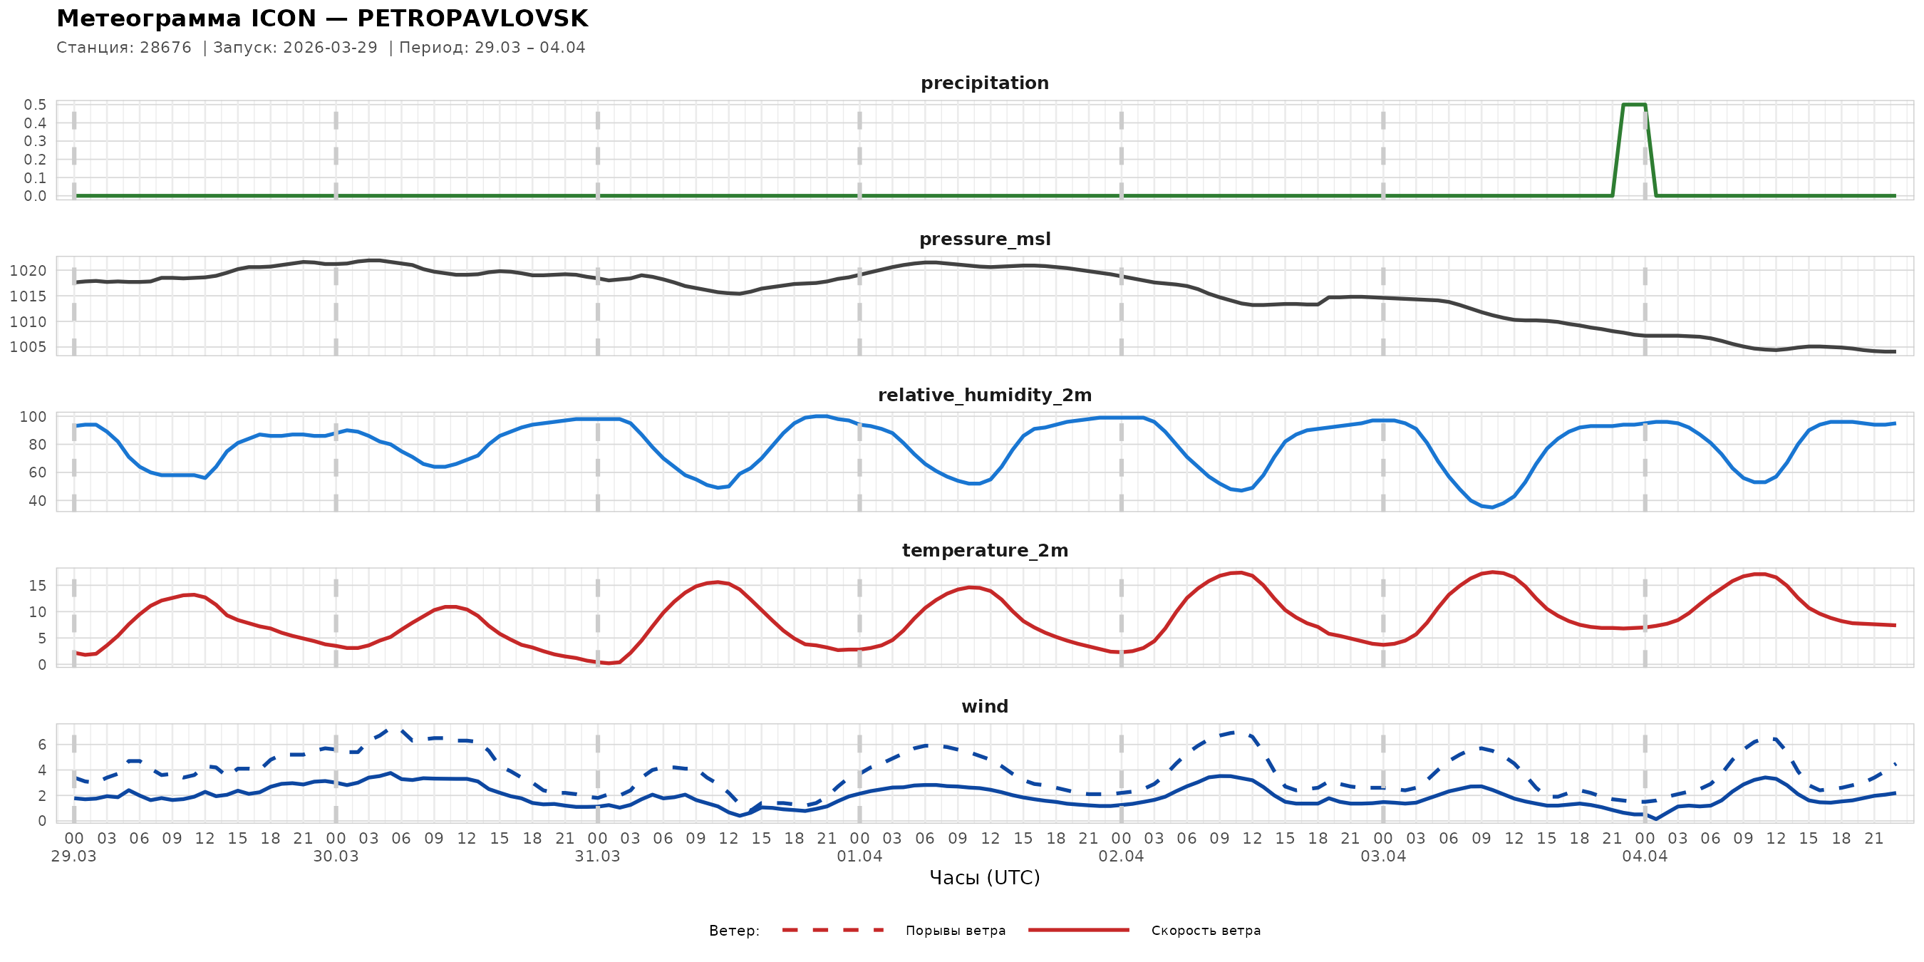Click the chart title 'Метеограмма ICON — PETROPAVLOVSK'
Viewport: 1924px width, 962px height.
322,19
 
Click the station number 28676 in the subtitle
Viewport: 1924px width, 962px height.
166,48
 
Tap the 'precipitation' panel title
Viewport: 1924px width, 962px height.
984,83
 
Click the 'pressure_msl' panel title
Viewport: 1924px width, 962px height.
984,239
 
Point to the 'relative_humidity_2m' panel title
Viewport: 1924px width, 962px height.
984,395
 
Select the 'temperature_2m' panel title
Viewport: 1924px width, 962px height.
984,550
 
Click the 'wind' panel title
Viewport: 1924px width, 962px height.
984,707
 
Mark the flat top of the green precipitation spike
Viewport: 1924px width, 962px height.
1634,105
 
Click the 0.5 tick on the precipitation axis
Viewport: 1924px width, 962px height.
35,105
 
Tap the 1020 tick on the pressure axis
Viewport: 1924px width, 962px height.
29,271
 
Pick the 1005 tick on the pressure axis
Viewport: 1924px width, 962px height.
29,347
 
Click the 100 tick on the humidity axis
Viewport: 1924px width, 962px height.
33,417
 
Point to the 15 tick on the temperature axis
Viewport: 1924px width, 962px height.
37,586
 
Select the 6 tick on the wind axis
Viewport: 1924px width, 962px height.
42,745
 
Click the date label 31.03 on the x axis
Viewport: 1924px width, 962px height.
598,857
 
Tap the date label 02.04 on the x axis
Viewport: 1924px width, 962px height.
1121,857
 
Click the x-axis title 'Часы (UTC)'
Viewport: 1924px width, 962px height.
984,878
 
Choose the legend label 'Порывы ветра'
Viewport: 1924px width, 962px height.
956,931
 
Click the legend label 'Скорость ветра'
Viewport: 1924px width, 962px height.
1206,931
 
